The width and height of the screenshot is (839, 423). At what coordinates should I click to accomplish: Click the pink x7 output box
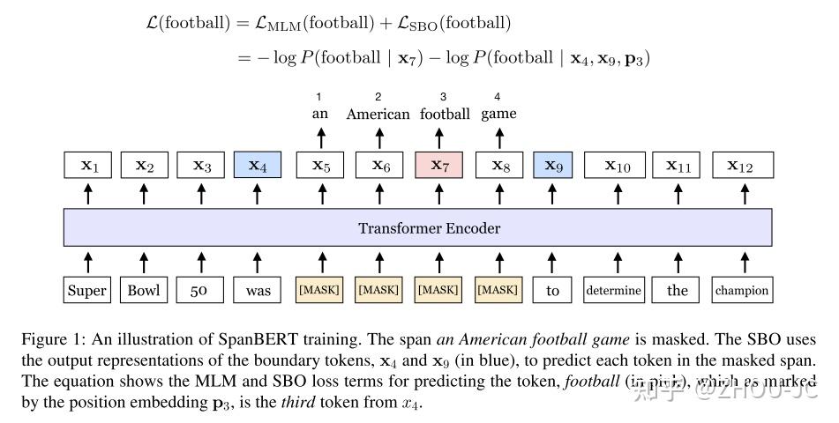[x=438, y=166]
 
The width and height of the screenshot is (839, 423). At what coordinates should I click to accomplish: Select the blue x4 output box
[x=257, y=166]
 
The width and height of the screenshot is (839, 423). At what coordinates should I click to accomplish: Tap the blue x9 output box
[x=553, y=166]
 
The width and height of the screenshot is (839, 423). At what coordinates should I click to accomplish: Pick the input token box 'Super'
[x=86, y=290]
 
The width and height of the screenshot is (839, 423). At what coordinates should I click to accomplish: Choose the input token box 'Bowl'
[x=144, y=290]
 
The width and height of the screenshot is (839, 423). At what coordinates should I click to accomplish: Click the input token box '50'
[x=199, y=290]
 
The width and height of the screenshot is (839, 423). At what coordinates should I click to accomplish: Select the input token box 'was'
[x=257, y=290]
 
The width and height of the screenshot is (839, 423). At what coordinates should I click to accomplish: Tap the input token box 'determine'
[x=613, y=290]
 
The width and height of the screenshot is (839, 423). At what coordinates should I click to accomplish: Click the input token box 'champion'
[x=742, y=290]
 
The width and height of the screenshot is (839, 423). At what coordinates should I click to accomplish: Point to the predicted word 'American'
[x=378, y=114]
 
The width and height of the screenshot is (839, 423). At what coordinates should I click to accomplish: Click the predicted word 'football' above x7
[x=445, y=114]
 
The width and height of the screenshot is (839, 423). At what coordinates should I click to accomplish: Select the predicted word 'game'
[x=498, y=114]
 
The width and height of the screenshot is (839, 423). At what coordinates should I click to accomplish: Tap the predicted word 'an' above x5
[x=320, y=114]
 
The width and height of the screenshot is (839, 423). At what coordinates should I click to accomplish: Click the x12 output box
[x=743, y=166]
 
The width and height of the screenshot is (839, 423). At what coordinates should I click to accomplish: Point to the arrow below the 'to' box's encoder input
[x=553, y=261]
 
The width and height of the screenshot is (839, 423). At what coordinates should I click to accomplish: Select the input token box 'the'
[x=678, y=290]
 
